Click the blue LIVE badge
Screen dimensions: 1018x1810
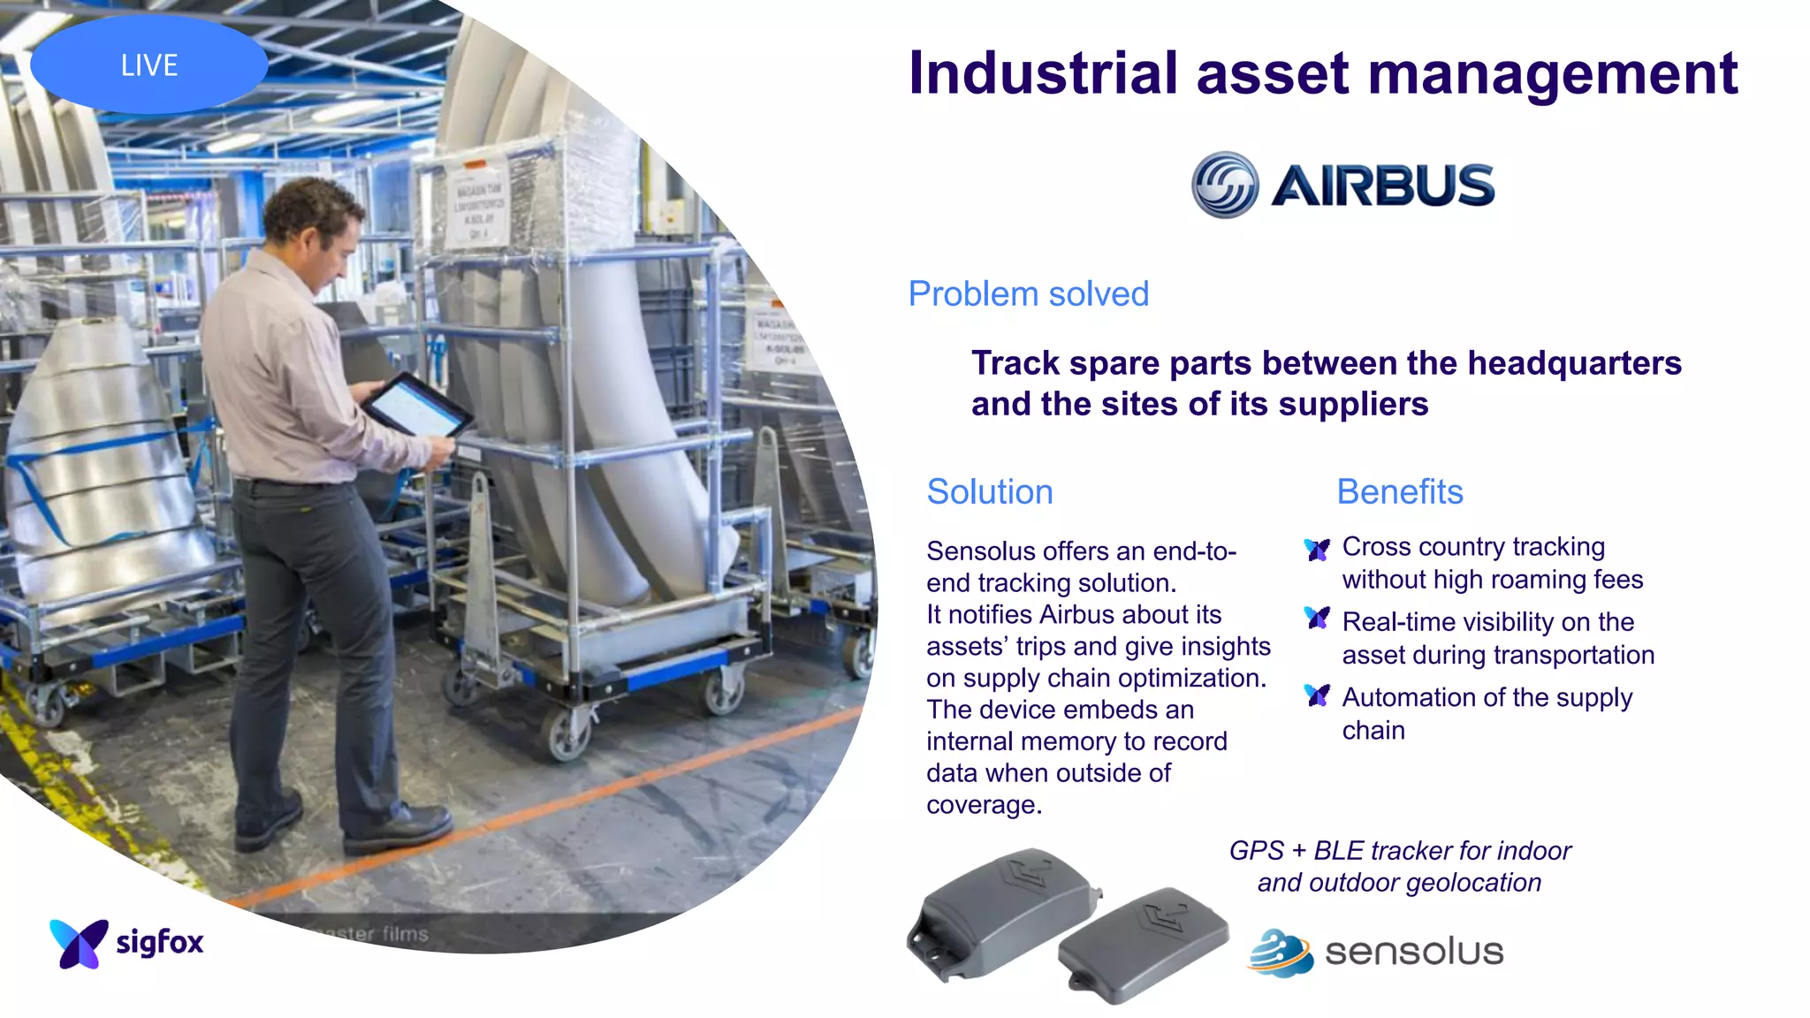point(148,65)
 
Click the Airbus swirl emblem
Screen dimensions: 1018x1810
point(1225,185)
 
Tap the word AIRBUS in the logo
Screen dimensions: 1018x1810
point(1382,186)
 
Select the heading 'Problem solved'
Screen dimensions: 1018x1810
point(1028,294)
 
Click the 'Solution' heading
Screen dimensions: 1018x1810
point(989,492)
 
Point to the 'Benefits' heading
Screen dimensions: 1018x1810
point(1399,492)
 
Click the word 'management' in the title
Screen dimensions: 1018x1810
point(1553,73)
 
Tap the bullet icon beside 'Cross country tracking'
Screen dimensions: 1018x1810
point(1317,550)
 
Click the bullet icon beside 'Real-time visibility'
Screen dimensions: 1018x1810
point(1317,619)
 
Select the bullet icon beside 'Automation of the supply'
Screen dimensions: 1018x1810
point(1317,695)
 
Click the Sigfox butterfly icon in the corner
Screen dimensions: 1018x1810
point(79,943)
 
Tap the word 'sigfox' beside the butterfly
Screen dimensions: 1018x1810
point(160,942)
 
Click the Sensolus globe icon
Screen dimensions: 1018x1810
point(1280,953)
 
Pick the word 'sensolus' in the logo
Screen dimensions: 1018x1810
point(1413,953)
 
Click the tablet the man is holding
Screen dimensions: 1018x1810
point(415,406)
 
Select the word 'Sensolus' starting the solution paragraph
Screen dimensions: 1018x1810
point(980,551)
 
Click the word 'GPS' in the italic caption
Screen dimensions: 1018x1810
point(1256,851)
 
